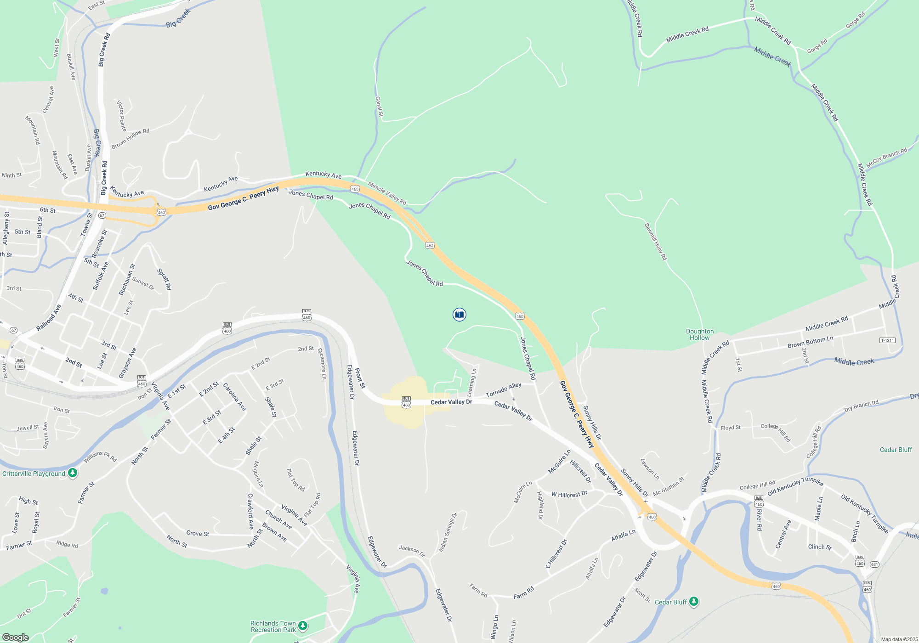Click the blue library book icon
pos(459,315)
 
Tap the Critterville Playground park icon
pos(73,473)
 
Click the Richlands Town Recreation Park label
pos(273,626)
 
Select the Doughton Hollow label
pos(700,334)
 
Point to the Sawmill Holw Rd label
pos(655,242)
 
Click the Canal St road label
pos(379,106)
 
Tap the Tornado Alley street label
pos(504,390)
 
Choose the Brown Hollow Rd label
pos(130,138)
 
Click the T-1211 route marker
pos(887,340)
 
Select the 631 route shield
pos(874,564)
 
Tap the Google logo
pos(16,637)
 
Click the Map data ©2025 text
pos(899,639)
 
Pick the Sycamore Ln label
pos(323,363)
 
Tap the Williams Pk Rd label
pos(100,457)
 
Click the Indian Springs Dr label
pos(448,532)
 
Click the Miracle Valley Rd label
pos(387,193)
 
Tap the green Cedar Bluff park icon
pos(694,601)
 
